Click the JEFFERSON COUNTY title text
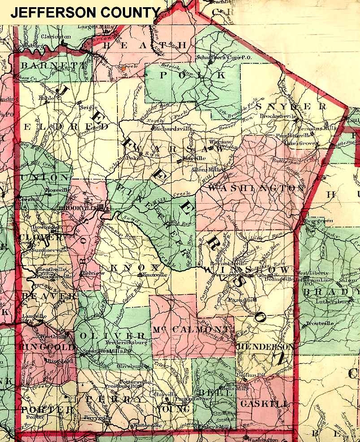point(85,13)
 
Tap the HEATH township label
point(144,45)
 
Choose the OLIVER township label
point(112,336)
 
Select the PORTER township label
point(47,409)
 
